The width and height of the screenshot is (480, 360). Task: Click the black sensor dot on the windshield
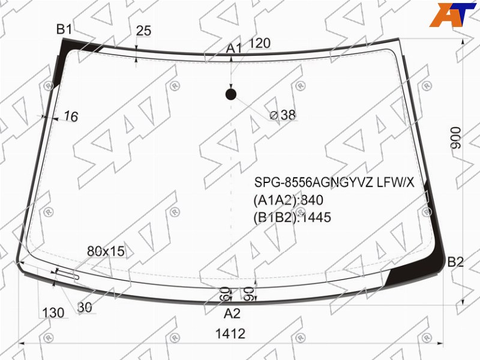point(231,95)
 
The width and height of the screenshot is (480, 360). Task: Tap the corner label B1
point(64,29)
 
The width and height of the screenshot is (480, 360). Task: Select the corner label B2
point(455,262)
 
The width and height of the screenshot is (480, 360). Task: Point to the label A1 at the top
point(234,49)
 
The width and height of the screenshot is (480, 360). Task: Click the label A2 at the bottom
point(232,313)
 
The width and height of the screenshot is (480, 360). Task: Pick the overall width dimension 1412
point(230,334)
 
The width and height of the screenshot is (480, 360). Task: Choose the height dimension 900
point(456,138)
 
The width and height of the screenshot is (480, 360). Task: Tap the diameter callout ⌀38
point(283,115)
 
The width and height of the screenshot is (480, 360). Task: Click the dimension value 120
point(260,43)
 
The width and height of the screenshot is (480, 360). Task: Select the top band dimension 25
point(143,31)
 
